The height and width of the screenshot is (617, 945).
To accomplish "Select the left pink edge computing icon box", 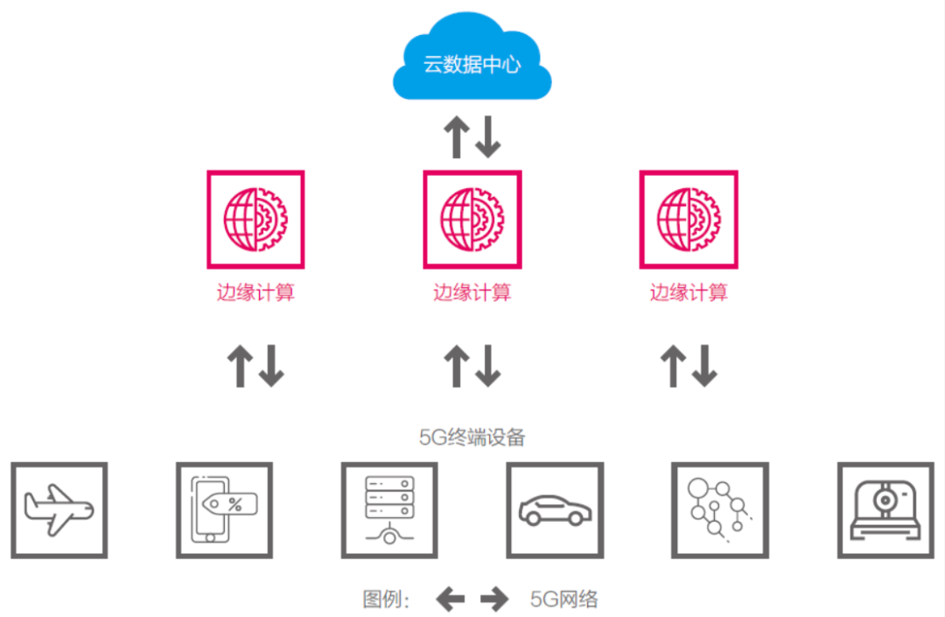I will [255, 219].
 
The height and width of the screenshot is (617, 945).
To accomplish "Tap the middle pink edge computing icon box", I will [472, 219].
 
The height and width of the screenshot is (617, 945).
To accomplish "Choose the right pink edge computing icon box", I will [689, 219].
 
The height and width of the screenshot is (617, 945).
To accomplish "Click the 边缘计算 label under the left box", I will [255, 292].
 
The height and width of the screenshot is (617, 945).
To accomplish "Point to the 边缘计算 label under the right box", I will [689, 292].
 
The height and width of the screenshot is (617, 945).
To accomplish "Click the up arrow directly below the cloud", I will [456, 137].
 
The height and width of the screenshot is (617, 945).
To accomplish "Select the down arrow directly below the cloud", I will [487, 137].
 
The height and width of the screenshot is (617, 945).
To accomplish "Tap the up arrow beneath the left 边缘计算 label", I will [240, 366].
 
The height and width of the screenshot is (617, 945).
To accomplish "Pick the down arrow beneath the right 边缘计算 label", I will [704, 366].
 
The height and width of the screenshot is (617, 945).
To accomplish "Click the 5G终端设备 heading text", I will [472, 437].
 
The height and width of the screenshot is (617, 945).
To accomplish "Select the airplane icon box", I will [59, 510].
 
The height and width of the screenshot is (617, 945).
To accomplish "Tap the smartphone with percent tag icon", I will [224, 510].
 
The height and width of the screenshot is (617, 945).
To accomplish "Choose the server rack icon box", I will [389, 510].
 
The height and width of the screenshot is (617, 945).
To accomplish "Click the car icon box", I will [555, 510].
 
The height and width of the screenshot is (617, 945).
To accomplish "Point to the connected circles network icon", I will [719, 510].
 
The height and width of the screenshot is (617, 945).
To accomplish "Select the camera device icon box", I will [885, 510].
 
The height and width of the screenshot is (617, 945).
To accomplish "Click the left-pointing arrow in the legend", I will [451, 599].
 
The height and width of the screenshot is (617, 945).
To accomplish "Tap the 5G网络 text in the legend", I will [564, 599].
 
